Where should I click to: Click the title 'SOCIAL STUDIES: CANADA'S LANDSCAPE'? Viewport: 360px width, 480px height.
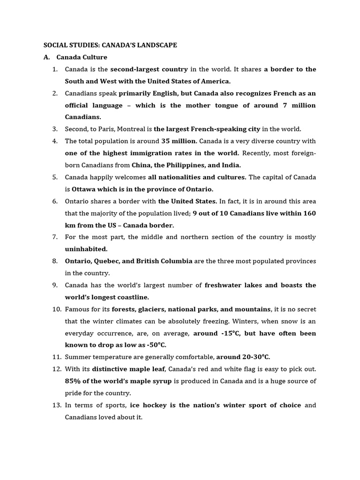pyautogui.click(x=110, y=45)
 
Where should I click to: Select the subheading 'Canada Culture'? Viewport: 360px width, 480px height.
pyautogui.click(x=82, y=57)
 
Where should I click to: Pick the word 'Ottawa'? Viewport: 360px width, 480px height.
pyautogui.click(x=83, y=189)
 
